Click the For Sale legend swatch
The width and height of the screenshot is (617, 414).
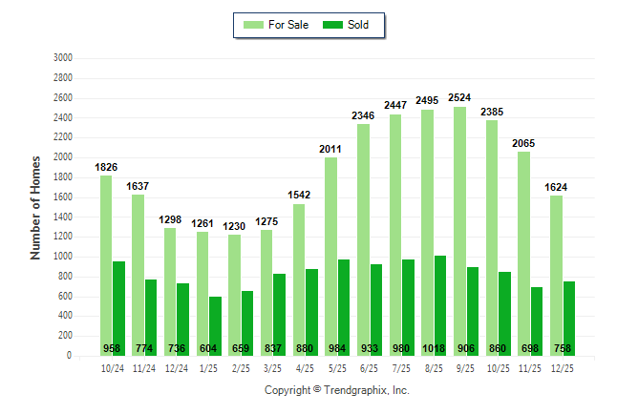point(254,25)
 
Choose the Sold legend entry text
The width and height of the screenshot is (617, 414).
point(358,25)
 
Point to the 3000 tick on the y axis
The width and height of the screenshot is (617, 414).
point(64,58)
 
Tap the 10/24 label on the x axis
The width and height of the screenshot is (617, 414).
point(113,367)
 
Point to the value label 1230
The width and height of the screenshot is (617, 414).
point(234,226)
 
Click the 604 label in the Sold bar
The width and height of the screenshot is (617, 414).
point(209,348)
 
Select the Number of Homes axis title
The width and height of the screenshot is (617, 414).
point(35,207)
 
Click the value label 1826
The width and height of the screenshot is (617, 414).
point(106,167)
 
